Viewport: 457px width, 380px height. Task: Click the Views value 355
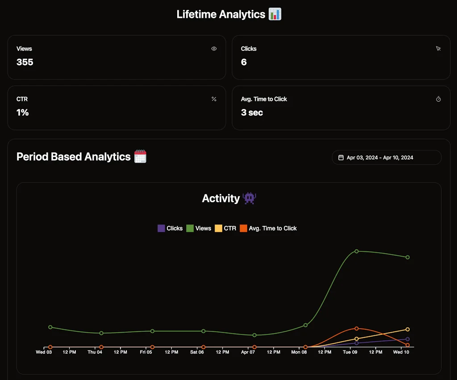(25, 63)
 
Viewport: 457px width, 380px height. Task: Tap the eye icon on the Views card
(214, 49)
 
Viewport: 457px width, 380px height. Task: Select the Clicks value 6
(244, 63)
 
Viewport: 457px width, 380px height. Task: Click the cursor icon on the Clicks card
(438, 49)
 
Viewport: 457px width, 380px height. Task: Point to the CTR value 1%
(23, 113)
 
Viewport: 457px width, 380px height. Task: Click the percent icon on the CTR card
(214, 99)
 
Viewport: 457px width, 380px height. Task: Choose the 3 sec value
(252, 113)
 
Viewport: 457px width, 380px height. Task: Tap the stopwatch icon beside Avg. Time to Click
(438, 99)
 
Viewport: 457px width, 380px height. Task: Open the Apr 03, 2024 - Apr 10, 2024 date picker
(386, 158)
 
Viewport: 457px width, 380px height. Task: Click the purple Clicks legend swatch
(162, 228)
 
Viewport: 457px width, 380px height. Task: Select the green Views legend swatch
(190, 228)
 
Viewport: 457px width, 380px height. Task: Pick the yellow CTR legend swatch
(219, 228)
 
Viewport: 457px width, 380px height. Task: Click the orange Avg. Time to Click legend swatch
(244, 228)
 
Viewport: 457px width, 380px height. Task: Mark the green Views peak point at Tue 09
(357, 251)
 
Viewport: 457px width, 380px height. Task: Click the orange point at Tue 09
(357, 329)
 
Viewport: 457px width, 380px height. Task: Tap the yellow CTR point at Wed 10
(407, 330)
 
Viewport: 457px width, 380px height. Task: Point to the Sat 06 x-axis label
(197, 352)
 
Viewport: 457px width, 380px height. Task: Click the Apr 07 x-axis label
(248, 352)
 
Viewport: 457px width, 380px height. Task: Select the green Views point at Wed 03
(50, 327)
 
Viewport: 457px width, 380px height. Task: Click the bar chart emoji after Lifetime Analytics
(275, 14)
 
